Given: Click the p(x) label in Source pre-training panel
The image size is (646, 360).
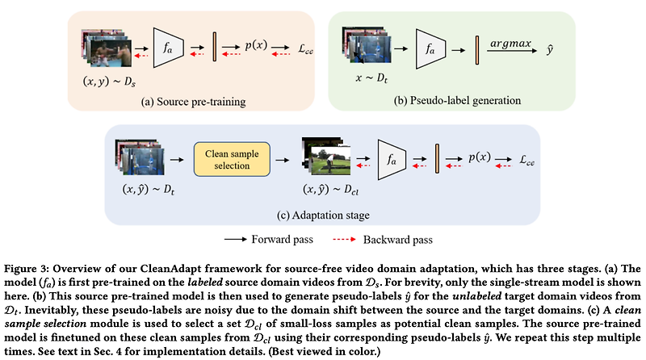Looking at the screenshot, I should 258,46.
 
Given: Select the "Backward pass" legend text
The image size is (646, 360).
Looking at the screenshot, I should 398,240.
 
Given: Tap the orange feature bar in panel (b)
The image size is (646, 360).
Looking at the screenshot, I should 477,48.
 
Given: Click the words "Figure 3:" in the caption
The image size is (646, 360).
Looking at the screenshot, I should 27,266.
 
